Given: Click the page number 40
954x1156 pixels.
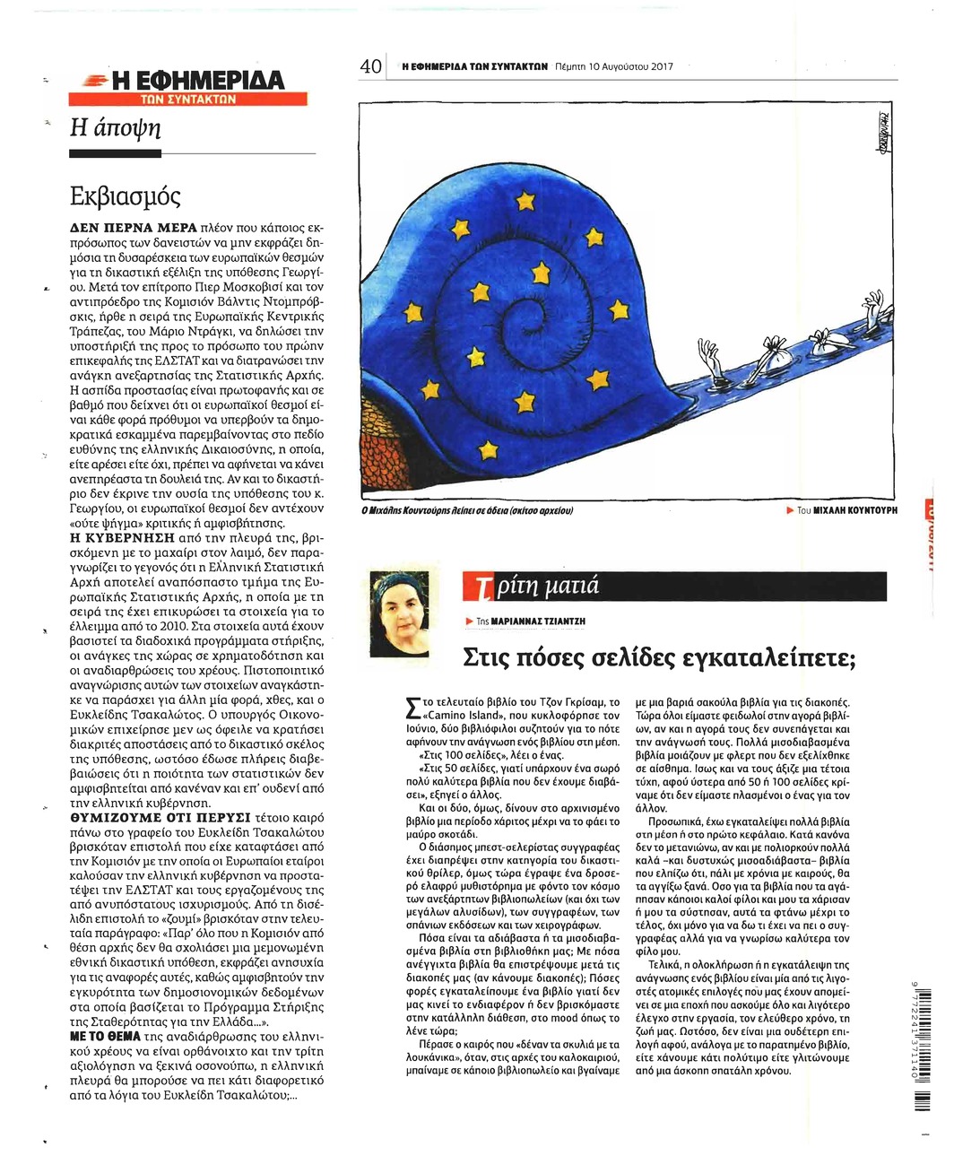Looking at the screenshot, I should point(370,66).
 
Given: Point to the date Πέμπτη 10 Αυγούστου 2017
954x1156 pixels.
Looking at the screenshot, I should point(614,66).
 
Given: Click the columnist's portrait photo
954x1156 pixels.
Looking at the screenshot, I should point(404,614).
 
